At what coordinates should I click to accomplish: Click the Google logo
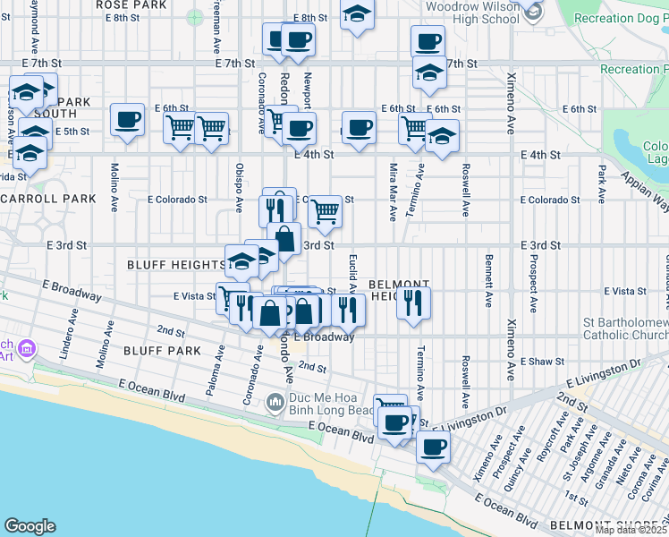tap(30, 526)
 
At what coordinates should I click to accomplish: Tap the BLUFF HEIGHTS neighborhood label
tap(176, 265)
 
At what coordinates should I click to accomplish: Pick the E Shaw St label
tap(542, 362)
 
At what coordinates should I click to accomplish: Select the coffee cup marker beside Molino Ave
tap(127, 119)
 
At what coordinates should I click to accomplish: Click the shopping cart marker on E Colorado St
tap(325, 211)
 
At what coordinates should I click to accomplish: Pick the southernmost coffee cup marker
tap(433, 447)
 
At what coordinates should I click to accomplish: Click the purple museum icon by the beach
tap(27, 347)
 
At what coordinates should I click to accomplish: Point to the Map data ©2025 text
tap(631, 530)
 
